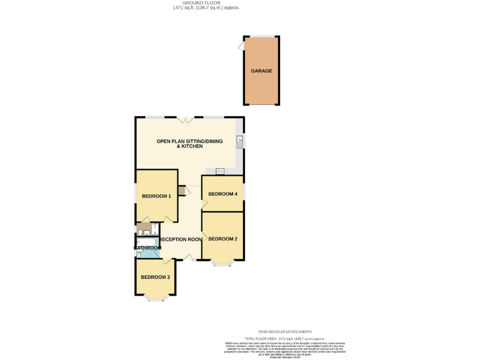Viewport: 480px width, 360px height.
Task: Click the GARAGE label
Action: [x=261, y=71]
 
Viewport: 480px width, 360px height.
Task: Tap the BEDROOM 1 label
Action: [x=156, y=196]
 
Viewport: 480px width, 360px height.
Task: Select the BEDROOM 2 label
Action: [x=222, y=239]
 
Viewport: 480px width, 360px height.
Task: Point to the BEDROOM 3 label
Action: [x=155, y=277]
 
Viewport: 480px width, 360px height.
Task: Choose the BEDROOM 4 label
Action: [x=222, y=194]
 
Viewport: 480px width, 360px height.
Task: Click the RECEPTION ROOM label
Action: [x=181, y=239]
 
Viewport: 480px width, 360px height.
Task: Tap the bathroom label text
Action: [x=148, y=248]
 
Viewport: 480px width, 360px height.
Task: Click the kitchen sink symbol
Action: [x=239, y=141]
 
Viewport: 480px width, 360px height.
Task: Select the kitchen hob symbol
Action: [x=220, y=171]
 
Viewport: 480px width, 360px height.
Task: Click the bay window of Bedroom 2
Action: [x=222, y=264]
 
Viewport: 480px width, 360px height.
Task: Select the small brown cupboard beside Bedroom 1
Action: [x=181, y=191]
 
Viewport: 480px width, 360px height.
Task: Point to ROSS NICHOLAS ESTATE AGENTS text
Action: [x=285, y=332]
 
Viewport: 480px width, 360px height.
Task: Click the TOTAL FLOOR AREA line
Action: [x=285, y=337]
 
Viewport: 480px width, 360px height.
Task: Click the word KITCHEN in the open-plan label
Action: [x=191, y=146]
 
